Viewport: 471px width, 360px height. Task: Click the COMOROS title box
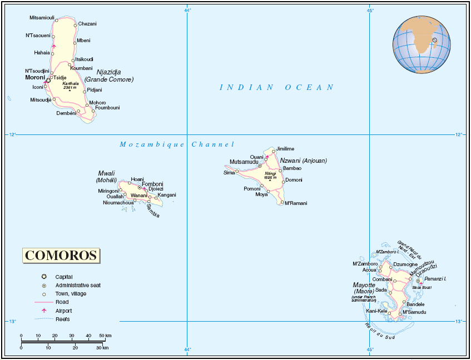coord(62,256)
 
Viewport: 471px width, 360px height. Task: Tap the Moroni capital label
coord(34,78)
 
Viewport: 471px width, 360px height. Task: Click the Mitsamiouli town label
coord(42,18)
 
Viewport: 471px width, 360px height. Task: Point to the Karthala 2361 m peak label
coord(70,86)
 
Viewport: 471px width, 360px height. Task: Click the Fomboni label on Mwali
coord(152,184)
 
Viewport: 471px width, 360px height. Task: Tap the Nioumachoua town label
coord(118,203)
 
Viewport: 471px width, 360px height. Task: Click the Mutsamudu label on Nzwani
coord(244,162)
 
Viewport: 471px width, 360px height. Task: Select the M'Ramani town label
coord(296,203)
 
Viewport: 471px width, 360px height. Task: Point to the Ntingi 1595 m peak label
coord(270,174)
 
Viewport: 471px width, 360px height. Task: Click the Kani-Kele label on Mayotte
coord(376,311)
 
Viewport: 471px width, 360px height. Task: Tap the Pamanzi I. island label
coord(436,278)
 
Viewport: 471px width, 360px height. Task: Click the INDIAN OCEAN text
coord(276,87)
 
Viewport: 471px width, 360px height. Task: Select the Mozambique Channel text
coord(177,144)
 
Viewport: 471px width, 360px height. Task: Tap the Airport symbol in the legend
coord(43,311)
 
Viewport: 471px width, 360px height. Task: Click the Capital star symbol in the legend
coord(43,277)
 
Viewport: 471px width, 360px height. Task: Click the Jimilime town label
coord(285,149)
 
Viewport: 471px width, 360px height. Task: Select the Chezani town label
coord(87,24)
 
